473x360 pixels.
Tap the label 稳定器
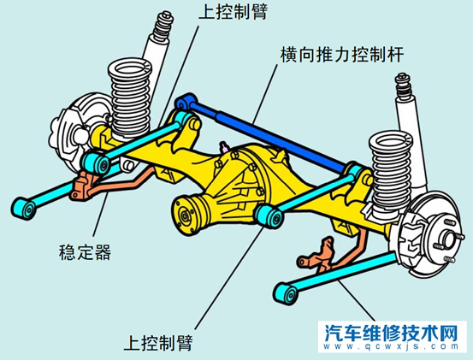pyautogui.click(x=80, y=252)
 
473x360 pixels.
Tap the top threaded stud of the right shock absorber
pyautogui.click(x=399, y=83)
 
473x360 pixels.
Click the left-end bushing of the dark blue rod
pyautogui.click(x=180, y=105)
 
